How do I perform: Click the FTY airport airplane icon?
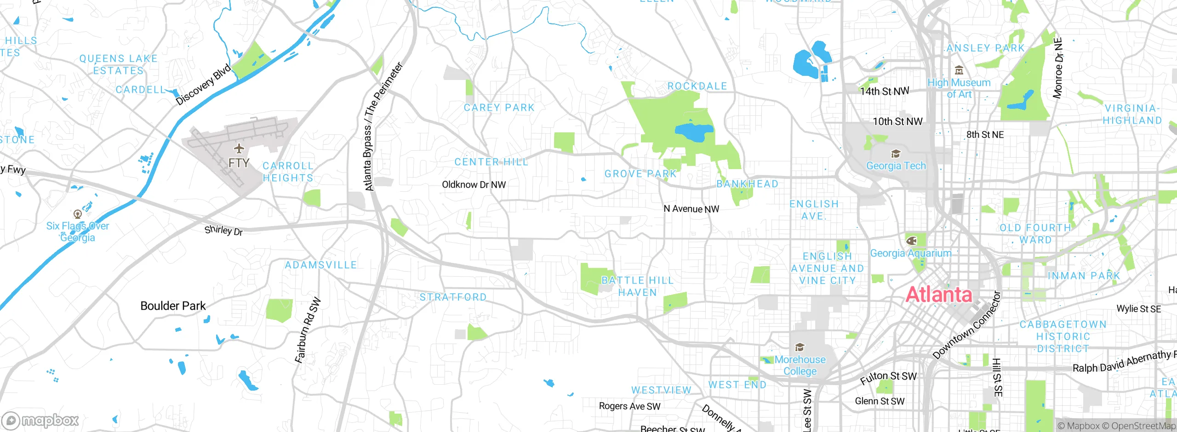(x=239, y=148)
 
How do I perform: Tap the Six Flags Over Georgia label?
(x=78, y=232)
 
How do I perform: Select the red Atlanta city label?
(x=938, y=295)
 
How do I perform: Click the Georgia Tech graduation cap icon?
(x=896, y=154)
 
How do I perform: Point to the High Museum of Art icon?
(x=959, y=71)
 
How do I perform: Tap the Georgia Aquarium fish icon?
(x=911, y=240)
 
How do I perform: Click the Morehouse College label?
(x=800, y=365)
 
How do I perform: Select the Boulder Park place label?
(x=173, y=306)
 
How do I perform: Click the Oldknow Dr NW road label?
(x=474, y=185)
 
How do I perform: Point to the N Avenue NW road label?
(x=691, y=209)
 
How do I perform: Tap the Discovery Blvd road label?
(x=204, y=85)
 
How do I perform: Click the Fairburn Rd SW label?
(x=308, y=331)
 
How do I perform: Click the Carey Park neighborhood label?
(x=499, y=108)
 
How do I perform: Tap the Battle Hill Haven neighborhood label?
(x=637, y=286)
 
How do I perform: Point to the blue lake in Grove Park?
(x=694, y=132)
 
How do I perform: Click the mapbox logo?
(x=40, y=420)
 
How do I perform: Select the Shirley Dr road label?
(x=223, y=230)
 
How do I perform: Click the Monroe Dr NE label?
(x=1058, y=68)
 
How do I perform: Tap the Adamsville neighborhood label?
(x=320, y=265)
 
